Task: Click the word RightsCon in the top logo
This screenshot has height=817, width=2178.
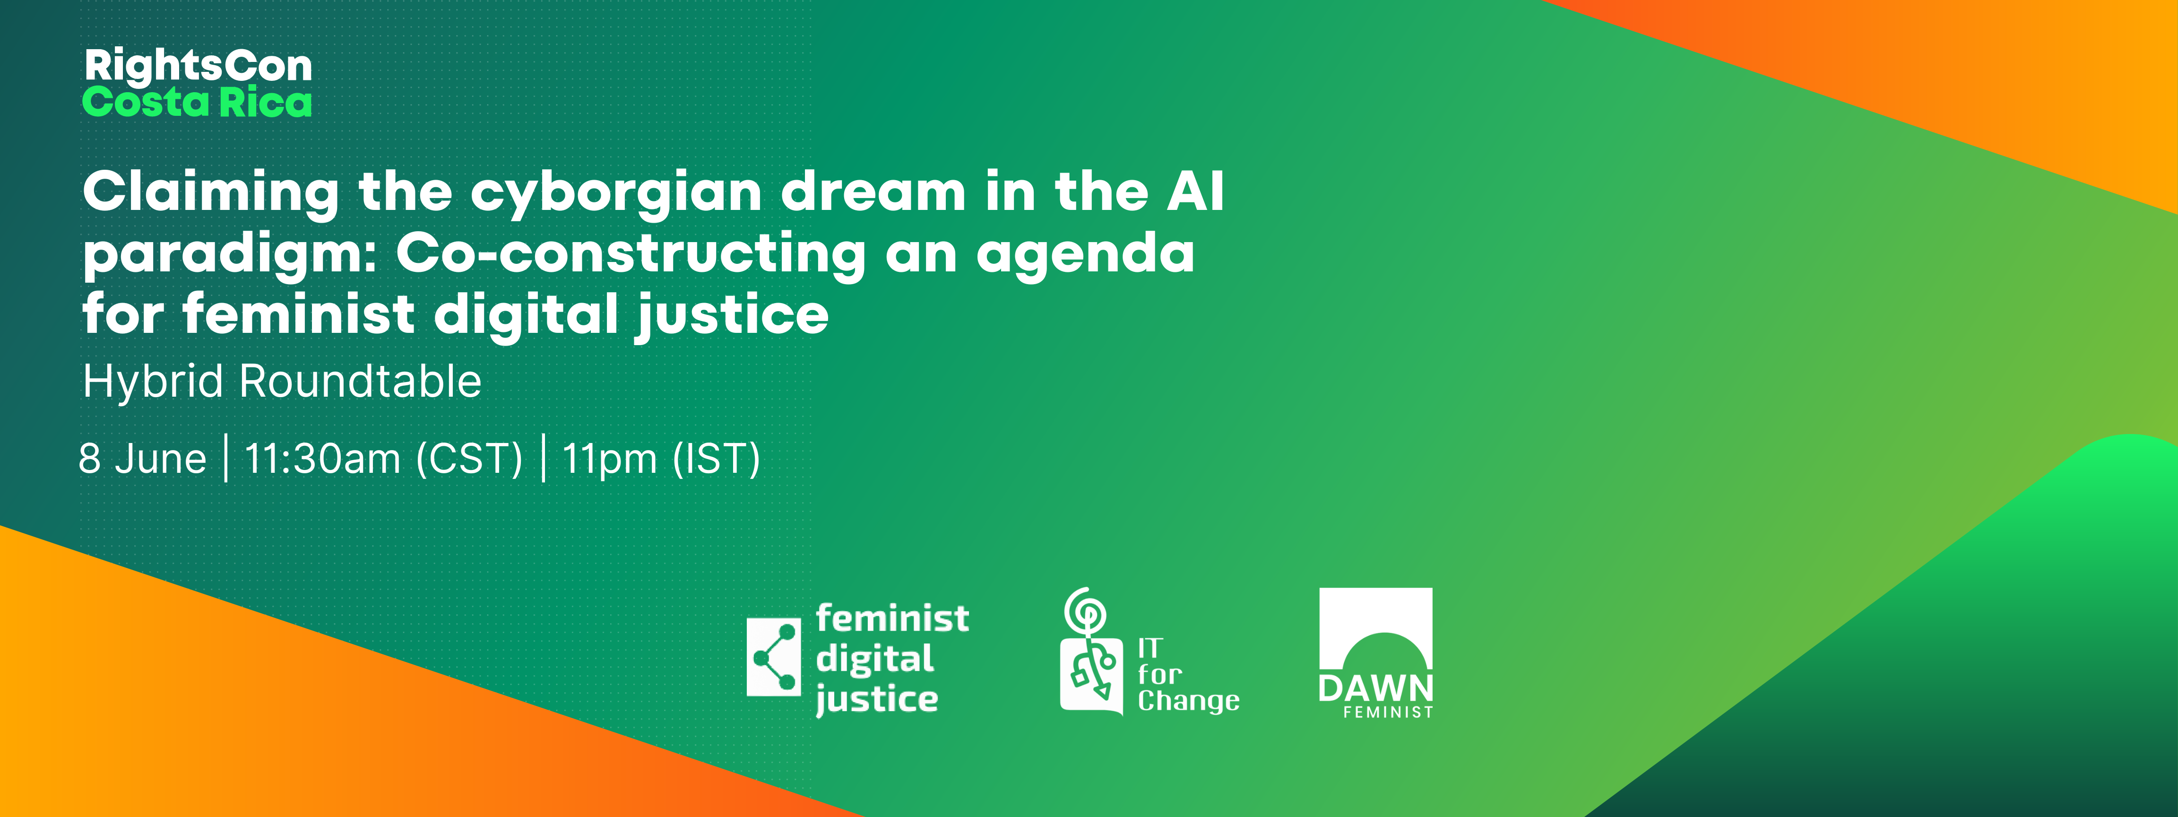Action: tap(199, 66)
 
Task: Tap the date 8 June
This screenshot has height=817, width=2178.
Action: tap(142, 459)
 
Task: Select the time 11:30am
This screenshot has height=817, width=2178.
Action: tap(322, 459)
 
